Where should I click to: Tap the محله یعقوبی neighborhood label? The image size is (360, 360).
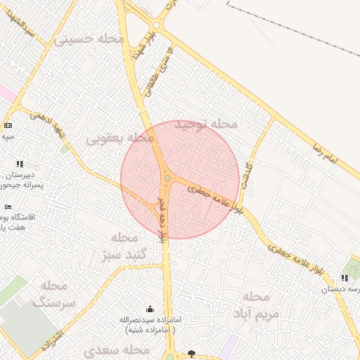click(x=120, y=139)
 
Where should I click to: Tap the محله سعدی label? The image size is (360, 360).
click(x=117, y=349)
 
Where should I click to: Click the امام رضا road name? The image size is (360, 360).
click(x=327, y=153)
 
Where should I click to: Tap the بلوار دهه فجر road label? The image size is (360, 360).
click(x=162, y=220)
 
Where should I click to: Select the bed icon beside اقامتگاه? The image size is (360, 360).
click(x=8, y=207)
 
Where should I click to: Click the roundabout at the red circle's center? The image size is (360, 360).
click(x=167, y=179)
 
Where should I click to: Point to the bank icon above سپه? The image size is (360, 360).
click(x=8, y=124)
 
